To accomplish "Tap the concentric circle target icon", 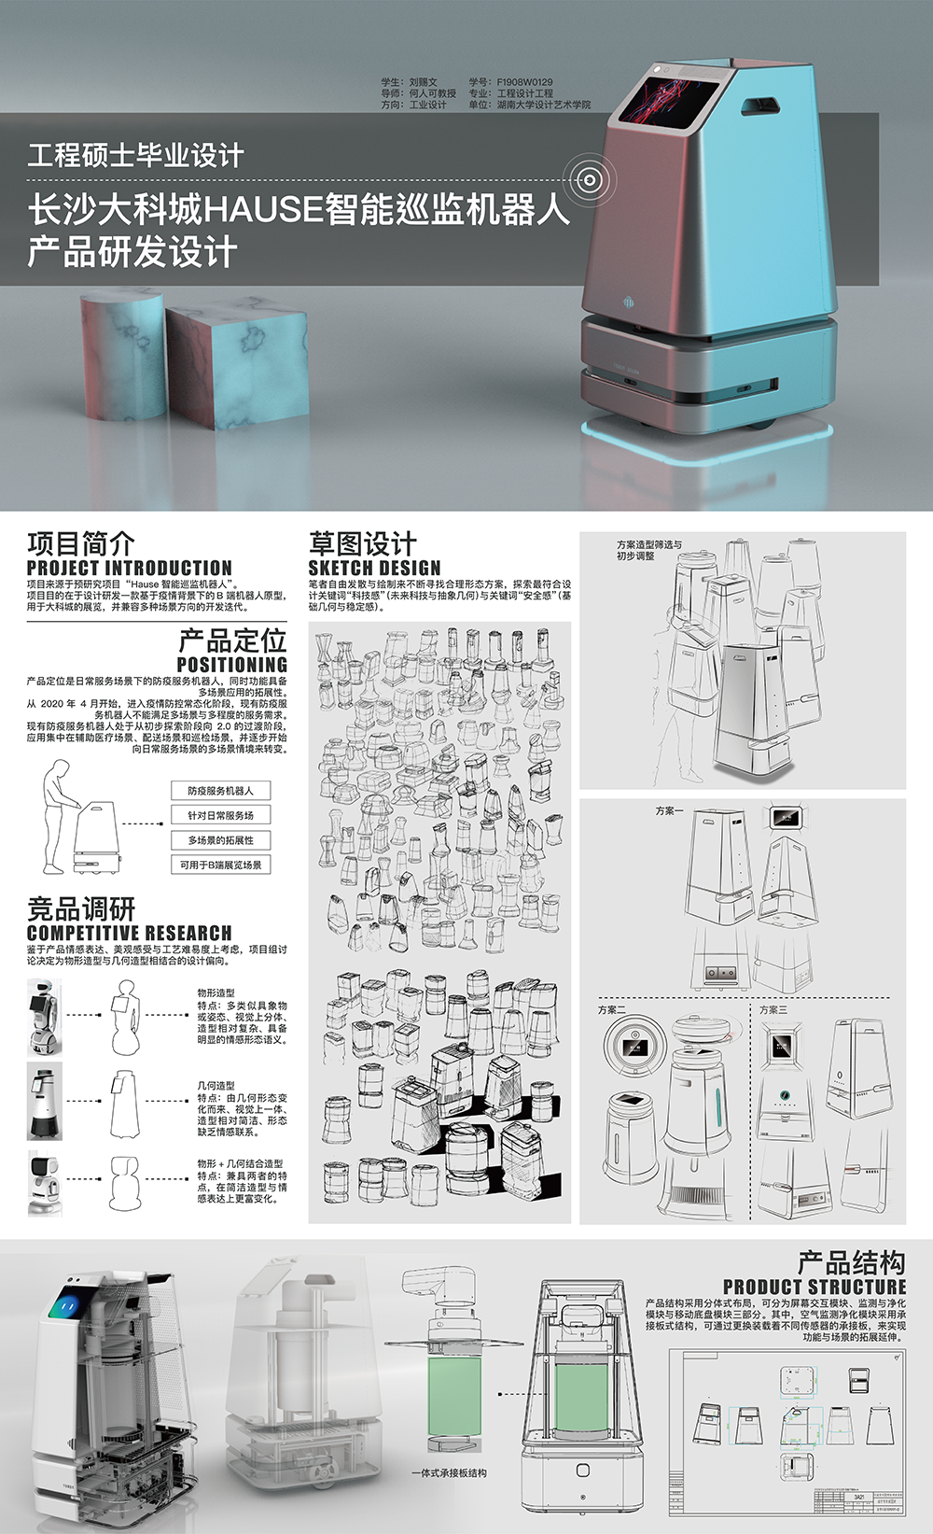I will pyautogui.click(x=588, y=179).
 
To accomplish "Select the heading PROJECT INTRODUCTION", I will pyautogui.click(x=129, y=568).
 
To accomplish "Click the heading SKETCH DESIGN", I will pyautogui.click(x=374, y=568).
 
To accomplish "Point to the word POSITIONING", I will pyautogui.click(x=231, y=665).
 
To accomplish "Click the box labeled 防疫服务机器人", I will pyautogui.click(x=220, y=791).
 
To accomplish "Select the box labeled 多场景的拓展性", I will pyautogui.click(x=220, y=840).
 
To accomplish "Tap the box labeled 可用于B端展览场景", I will pyautogui.click(x=220, y=865).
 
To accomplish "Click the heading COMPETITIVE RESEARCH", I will pyautogui.click(x=129, y=933).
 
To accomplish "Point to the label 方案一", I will pyautogui.click(x=668, y=811).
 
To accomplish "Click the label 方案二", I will pyautogui.click(x=611, y=1010).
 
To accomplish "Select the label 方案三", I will pyautogui.click(x=773, y=1010).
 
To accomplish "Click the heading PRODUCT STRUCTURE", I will pyautogui.click(x=814, y=1287).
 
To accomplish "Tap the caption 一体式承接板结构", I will pyautogui.click(x=449, y=1472).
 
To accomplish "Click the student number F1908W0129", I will pyautogui.click(x=524, y=82).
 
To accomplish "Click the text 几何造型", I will pyautogui.click(x=216, y=1087).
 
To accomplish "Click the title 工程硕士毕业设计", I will pyautogui.click(x=135, y=155).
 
